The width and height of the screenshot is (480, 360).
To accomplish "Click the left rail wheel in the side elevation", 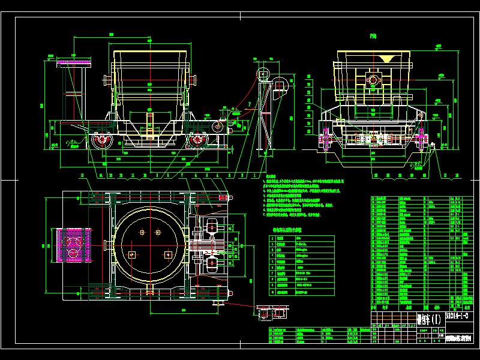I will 100,141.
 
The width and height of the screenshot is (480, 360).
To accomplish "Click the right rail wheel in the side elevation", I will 197,141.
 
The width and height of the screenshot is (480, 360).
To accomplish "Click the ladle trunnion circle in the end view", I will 373,80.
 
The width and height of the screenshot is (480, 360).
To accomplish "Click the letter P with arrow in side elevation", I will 248,104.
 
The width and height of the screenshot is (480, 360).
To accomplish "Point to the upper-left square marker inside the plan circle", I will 142,232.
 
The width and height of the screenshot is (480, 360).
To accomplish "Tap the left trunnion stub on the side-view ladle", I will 107,79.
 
